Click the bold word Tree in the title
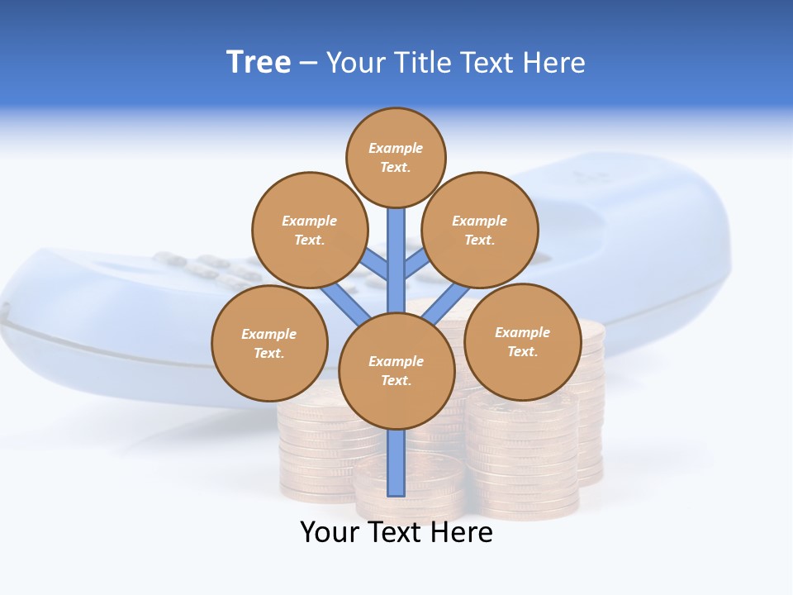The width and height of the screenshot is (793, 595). point(259,63)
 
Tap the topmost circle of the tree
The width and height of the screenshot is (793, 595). point(396,158)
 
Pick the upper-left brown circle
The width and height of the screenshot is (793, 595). point(310,231)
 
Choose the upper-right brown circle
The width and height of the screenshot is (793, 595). point(480,231)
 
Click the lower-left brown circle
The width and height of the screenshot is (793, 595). point(269,343)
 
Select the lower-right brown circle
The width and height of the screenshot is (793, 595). point(522,342)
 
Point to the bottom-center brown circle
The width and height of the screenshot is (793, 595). point(396,371)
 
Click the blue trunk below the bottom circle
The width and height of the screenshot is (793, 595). point(396,463)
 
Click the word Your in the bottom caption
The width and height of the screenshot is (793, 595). point(330,532)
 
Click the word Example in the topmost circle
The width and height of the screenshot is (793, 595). point(396,149)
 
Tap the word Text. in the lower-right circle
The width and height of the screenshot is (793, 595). point(522,352)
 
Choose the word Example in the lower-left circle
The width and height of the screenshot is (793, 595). point(269,335)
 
